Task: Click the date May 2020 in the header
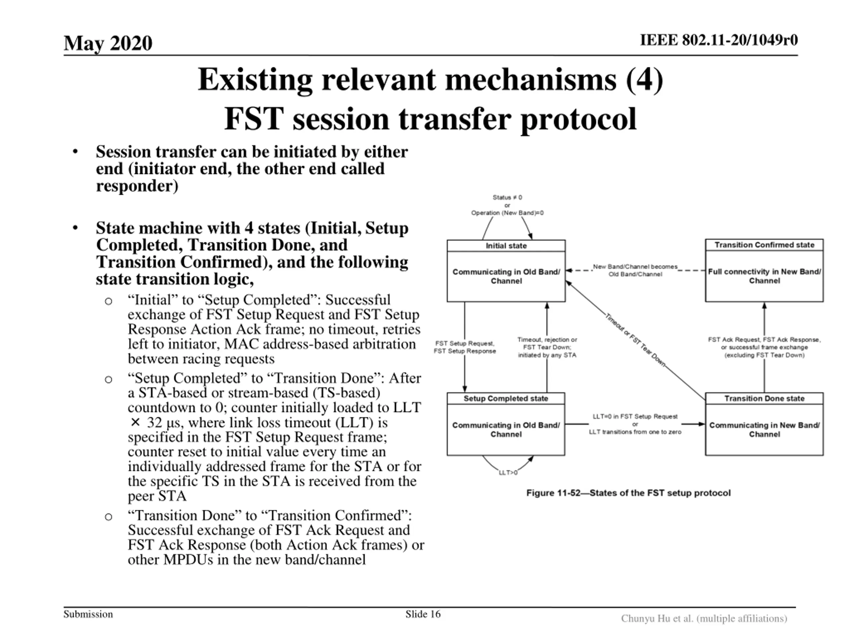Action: [108, 43]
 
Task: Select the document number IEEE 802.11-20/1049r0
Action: [719, 40]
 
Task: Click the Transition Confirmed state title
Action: [764, 245]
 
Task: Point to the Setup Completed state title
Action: [505, 398]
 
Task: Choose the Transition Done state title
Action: [764, 398]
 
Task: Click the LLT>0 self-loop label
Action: [508, 473]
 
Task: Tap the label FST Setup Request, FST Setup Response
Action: [464, 347]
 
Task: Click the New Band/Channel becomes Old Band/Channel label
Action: [635, 270]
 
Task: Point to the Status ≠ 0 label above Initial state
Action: [507, 197]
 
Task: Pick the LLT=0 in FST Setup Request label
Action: [635, 417]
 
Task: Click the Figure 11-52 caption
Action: [628, 493]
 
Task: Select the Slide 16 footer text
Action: [423, 614]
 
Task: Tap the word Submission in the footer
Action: [88, 614]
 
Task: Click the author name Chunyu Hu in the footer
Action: [645, 618]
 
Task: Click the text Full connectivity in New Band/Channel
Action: [764, 276]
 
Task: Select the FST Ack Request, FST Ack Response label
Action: [764, 340]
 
